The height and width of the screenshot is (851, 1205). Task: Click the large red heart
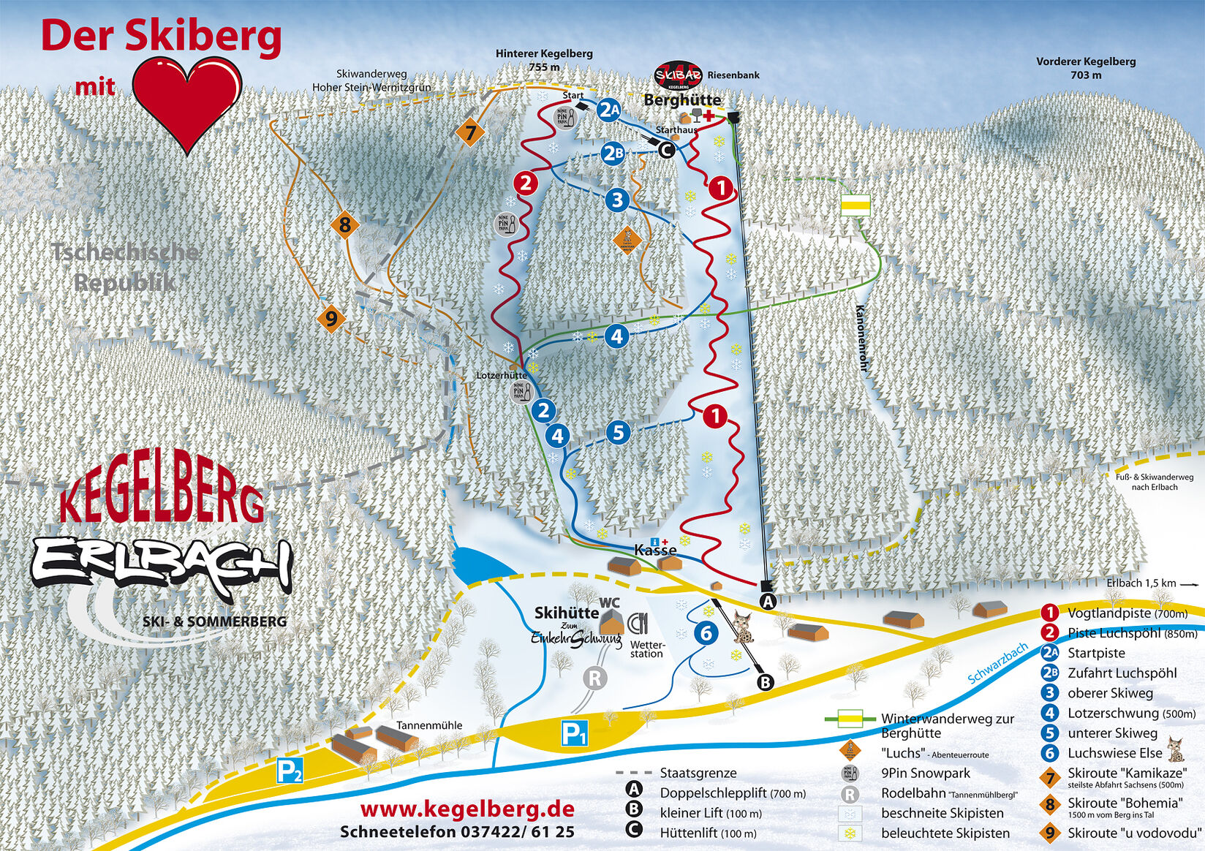(x=189, y=102)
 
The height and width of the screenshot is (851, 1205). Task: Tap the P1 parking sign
(x=574, y=733)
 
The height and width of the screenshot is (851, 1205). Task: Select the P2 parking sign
(x=290, y=771)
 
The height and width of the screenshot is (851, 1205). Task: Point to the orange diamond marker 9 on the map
(x=331, y=319)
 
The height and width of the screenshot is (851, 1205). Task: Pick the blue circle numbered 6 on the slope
(x=706, y=633)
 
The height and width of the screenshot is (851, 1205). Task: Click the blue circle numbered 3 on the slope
(x=617, y=200)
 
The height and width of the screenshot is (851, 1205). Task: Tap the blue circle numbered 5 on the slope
(x=619, y=432)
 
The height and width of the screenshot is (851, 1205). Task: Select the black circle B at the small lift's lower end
(x=765, y=682)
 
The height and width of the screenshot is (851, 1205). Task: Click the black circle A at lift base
(x=767, y=602)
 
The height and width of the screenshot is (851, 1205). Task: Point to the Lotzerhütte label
(x=502, y=375)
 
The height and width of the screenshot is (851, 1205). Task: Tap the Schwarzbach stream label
(x=997, y=663)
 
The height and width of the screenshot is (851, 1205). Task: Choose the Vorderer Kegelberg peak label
(x=1085, y=68)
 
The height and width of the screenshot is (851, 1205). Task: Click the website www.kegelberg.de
(x=467, y=809)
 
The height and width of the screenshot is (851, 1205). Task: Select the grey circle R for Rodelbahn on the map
(x=594, y=678)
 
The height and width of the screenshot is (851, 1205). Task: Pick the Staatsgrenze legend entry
(x=698, y=773)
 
